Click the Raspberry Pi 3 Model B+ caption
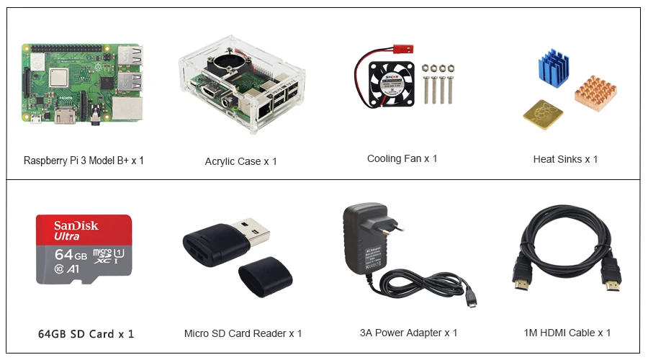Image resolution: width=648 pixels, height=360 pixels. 84,161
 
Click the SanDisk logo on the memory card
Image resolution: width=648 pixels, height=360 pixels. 76,225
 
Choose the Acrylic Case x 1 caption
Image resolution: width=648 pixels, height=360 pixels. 240,161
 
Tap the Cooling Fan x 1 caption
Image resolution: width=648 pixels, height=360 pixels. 402,158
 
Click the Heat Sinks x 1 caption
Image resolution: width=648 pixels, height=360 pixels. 565,159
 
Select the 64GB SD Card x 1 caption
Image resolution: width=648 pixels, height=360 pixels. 86,333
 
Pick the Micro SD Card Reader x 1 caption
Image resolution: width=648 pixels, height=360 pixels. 243,333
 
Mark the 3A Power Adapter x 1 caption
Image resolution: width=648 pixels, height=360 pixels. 408,333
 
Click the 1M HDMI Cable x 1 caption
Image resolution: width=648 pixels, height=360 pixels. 567,333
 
